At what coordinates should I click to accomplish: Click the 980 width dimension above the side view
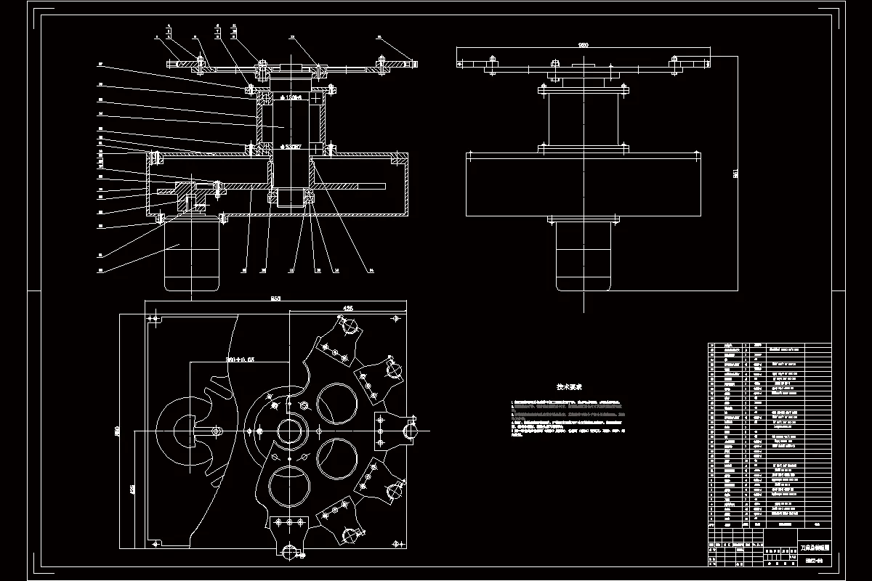pyautogui.click(x=583, y=45)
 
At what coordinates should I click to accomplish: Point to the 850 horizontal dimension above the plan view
pyautogui.click(x=275, y=298)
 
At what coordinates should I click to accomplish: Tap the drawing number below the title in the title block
pyautogui.click(x=813, y=560)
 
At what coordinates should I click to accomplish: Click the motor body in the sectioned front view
pyautogui.click(x=191, y=254)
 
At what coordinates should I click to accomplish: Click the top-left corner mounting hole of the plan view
pyautogui.click(x=153, y=318)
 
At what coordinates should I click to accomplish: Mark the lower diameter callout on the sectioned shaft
pyautogui.click(x=293, y=147)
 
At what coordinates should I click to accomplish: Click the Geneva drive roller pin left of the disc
pyautogui.click(x=217, y=431)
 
